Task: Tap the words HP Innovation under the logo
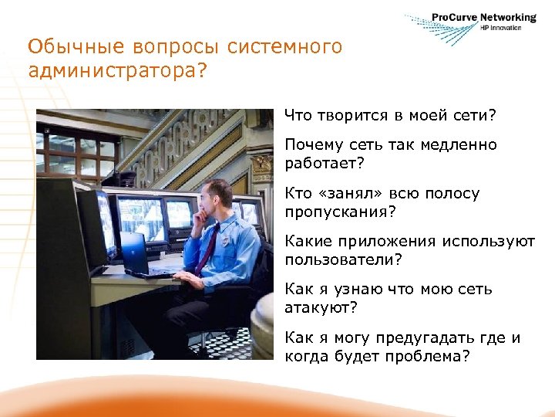click(501, 28)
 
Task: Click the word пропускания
click(334, 212)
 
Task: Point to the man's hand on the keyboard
click(183, 275)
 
